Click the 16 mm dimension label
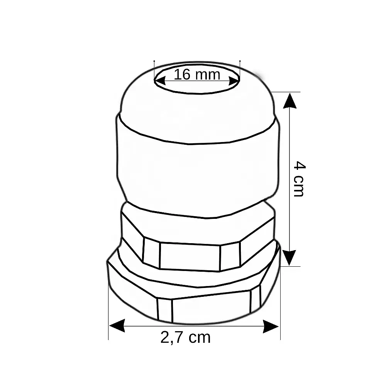(x=197, y=74)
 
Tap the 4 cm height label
(x=300, y=179)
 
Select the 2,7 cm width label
(x=185, y=337)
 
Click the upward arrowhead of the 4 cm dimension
(x=290, y=101)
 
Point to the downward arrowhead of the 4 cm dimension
(x=290, y=258)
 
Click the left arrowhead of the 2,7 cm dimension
(x=117, y=326)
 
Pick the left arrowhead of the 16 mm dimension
(x=160, y=81)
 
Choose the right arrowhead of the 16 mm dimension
(x=234, y=81)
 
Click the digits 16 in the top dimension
(x=182, y=74)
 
